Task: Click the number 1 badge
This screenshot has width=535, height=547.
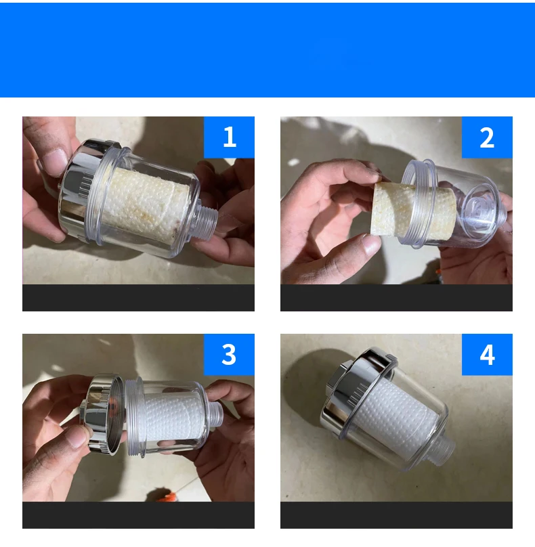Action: [229, 137]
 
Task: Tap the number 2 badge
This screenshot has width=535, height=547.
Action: [487, 137]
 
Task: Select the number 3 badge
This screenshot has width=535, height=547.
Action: [229, 355]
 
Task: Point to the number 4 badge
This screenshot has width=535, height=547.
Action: [487, 355]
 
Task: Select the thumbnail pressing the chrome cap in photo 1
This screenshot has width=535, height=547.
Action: [54, 162]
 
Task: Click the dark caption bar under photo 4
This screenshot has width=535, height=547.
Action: [396, 515]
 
